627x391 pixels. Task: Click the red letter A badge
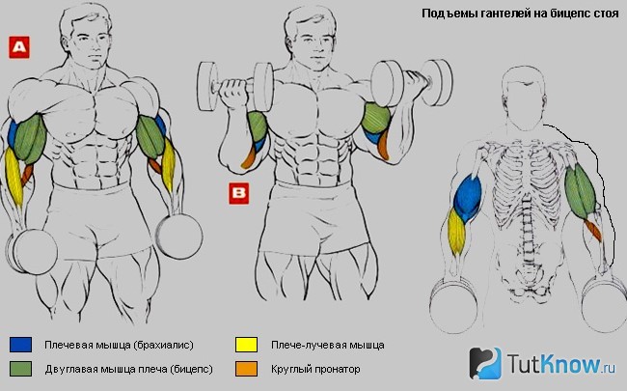(19, 47)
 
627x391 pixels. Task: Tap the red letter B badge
(238, 193)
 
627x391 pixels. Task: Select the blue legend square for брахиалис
(20, 345)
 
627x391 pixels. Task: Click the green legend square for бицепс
(20, 369)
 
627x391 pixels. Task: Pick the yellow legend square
(246, 345)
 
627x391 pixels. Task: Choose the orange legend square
(246, 369)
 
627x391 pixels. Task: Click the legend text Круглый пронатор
(315, 369)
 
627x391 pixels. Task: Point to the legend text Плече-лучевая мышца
(328, 345)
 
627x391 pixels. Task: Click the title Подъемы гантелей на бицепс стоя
(520, 14)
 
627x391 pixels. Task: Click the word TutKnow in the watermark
(554, 363)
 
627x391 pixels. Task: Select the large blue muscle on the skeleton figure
(467, 198)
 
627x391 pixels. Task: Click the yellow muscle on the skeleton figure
(456, 232)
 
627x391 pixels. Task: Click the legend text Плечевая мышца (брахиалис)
(120, 345)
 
